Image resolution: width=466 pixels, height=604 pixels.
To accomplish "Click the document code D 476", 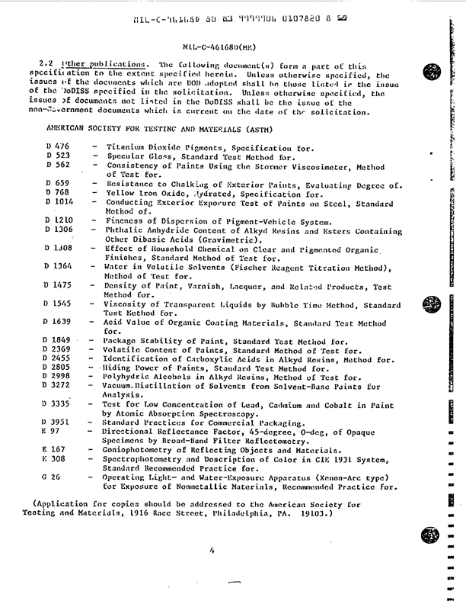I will point(57,145).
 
